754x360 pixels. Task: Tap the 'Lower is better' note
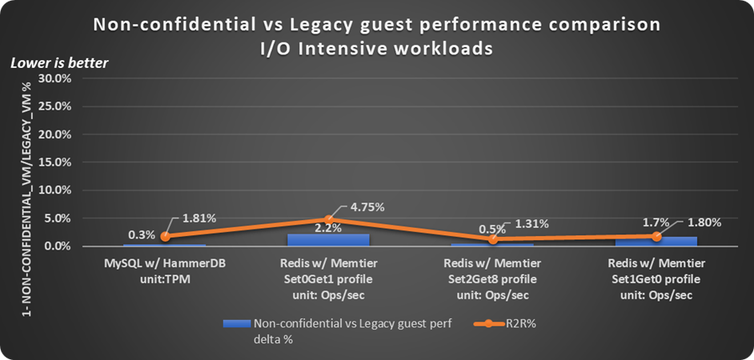tap(59, 62)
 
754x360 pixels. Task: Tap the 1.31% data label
tap(530, 224)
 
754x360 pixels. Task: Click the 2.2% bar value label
tap(328, 227)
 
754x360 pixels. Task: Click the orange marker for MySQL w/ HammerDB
tap(165, 237)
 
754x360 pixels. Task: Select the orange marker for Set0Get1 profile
tap(329, 219)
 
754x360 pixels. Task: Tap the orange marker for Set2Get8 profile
tap(493, 239)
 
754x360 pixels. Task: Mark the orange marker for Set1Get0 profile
tap(657, 236)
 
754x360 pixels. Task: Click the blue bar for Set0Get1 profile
tap(329, 240)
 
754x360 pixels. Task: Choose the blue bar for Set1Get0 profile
tap(657, 242)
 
